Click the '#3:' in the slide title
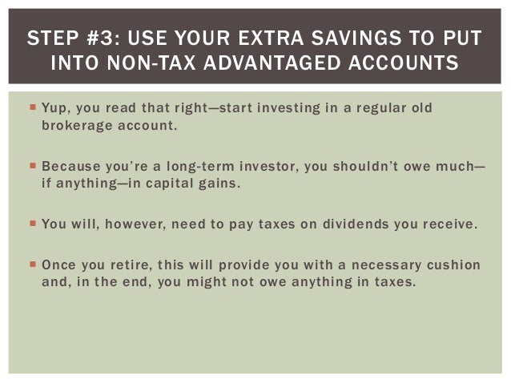[x=103, y=38]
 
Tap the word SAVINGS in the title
[x=356, y=38]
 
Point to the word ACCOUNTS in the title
[x=404, y=63]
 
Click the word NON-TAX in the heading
[x=151, y=63]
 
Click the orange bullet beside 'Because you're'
[x=33, y=166]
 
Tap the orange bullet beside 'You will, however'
[x=33, y=224]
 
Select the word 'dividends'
[x=356, y=224]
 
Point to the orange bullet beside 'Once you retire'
[x=33, y=264]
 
